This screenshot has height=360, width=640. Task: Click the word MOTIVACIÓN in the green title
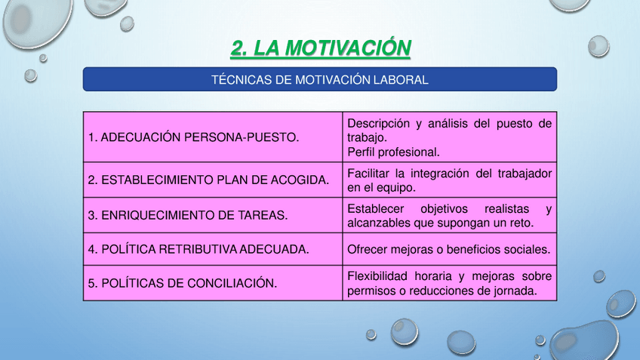tap(348, 48)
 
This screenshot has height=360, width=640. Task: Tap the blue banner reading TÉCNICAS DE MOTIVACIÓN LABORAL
tap(320, 79)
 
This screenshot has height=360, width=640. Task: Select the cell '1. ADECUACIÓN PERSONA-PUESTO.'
tap(213, 137)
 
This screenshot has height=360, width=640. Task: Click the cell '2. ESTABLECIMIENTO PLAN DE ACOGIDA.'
tap(213, 180)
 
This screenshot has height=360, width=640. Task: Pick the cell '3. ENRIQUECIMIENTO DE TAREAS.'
tap(213, 215)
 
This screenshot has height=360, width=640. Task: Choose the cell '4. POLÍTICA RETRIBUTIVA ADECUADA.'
tap(213, 249)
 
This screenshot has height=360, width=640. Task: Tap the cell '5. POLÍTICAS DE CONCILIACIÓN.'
tap(213, 283)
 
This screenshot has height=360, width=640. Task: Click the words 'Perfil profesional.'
tap(393, 152)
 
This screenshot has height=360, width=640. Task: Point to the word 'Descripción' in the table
tap(378, 124)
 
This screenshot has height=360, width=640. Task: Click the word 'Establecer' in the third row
tap(376, 208)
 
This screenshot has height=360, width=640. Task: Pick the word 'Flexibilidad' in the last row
tap(377, 276)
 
